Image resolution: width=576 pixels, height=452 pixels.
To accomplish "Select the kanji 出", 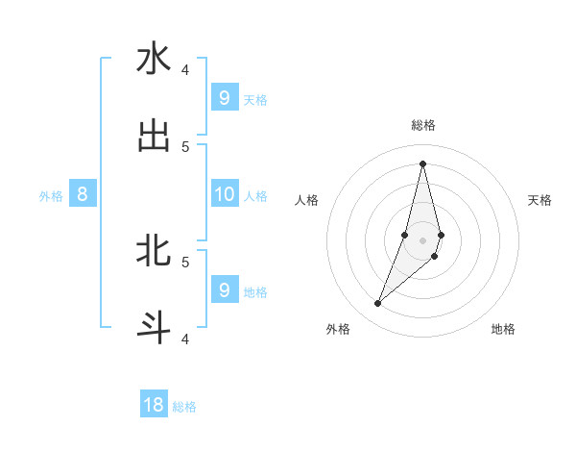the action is click(154, 136).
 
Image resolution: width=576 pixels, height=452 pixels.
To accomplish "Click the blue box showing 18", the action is click(154, 405).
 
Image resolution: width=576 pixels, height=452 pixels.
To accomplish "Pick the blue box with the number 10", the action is click(224, 194).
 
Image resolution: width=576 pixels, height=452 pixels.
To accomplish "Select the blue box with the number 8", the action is click(83, 194).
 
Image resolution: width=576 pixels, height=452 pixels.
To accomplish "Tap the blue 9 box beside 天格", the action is click(224, 97).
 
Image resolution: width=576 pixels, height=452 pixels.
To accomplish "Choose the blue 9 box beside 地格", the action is click(224, 289).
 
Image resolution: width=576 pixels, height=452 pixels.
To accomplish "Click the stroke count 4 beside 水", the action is click(185, 69).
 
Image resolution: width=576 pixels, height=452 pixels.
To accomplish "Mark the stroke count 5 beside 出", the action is click(185, 147).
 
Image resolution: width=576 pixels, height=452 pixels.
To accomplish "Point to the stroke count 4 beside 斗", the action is click(185, 339).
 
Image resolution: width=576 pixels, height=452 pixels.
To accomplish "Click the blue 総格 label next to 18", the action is click(184, 407).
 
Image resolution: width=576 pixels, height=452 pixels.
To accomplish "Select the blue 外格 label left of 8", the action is click(51, 196).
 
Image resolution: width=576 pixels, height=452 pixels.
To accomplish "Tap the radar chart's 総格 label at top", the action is click(423, 125).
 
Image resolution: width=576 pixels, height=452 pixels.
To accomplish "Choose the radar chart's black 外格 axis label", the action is click(338, 329).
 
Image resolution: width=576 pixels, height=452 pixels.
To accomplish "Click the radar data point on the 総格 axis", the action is click(422, 163).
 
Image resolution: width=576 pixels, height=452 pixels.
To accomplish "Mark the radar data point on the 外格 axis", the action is click(377, 304).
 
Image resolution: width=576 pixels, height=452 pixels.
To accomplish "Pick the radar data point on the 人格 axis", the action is click(405, 235).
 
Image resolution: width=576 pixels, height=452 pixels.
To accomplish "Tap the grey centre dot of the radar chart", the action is click(422, 240).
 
